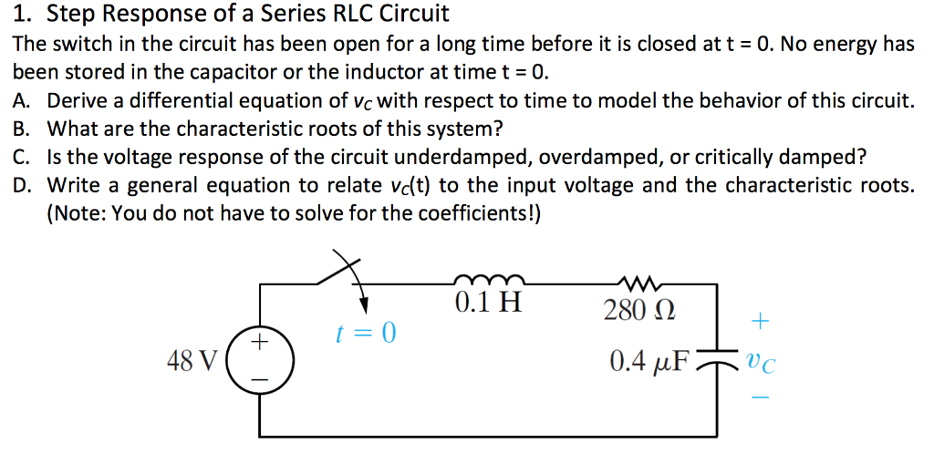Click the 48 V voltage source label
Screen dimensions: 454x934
click(192, 362)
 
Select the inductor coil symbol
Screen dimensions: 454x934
click(488, 278)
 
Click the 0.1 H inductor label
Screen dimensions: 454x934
click(488, 302)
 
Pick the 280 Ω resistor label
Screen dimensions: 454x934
click(639, 311)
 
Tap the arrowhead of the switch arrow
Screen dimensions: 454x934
click(365, 304)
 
